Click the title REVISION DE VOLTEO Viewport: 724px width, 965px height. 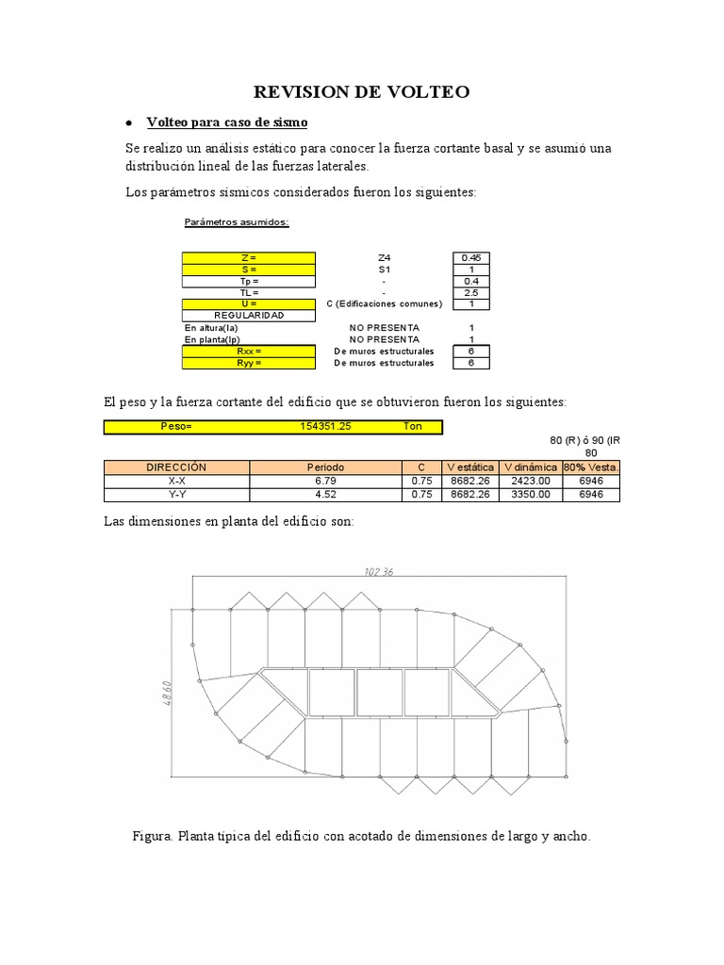tap(361, 91)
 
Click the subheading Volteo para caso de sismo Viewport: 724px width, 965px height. tap(227, 123)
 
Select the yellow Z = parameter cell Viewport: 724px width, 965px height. tap(248, 257)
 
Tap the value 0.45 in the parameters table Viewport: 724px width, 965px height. tap(470, 257)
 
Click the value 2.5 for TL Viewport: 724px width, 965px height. tap(470, 292)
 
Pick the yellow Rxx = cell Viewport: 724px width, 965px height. tap(248, 351)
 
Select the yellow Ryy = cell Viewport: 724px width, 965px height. tap(248, 363)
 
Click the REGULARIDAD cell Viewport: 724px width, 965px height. tap(248, 316)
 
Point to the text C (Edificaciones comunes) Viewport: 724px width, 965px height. tap(384, 303)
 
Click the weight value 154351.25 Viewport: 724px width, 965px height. tap(325, 427)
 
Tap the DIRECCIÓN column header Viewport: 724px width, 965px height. tap(176, 467)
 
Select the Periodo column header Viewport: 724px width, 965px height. tap(325, 467)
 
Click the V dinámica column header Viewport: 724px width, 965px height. tap(531, 467)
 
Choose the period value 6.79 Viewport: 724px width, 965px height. tap(325, 481)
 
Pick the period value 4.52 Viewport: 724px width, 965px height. tap(325, 494)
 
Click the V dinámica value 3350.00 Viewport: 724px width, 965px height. tap(531, 494)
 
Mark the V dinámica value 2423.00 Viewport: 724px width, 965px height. tap(531, 481)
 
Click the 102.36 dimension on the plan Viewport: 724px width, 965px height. tap(379, 571)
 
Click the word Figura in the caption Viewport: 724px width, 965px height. tap(154, 836)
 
